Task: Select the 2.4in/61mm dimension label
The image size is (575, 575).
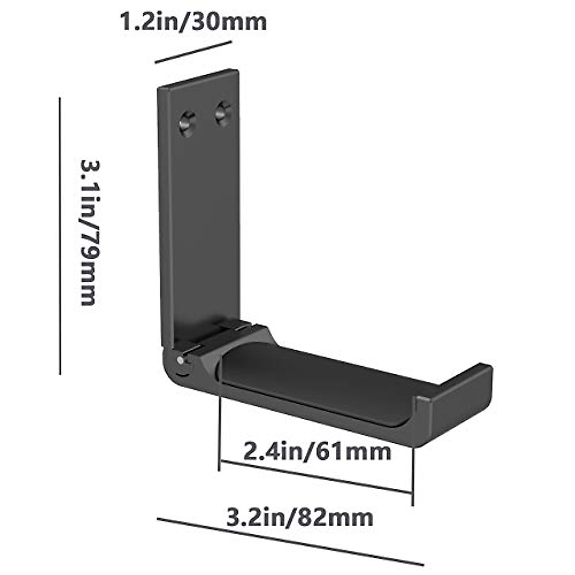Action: click(317, 451)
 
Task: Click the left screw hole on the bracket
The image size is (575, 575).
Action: click(188, 123)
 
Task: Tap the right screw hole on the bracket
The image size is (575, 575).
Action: click(223, 114)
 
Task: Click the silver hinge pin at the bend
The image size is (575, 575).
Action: click(181, 361)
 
